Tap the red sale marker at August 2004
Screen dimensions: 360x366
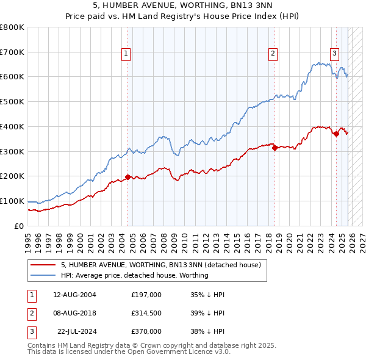127,177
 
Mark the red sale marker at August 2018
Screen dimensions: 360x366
275,147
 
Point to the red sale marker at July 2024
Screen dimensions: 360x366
336,134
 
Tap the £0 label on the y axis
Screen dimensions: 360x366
18,226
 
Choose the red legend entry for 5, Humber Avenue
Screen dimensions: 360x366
161,265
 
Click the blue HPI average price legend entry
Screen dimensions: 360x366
134,275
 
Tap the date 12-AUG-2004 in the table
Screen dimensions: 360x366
74,295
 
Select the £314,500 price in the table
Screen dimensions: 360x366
146,313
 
